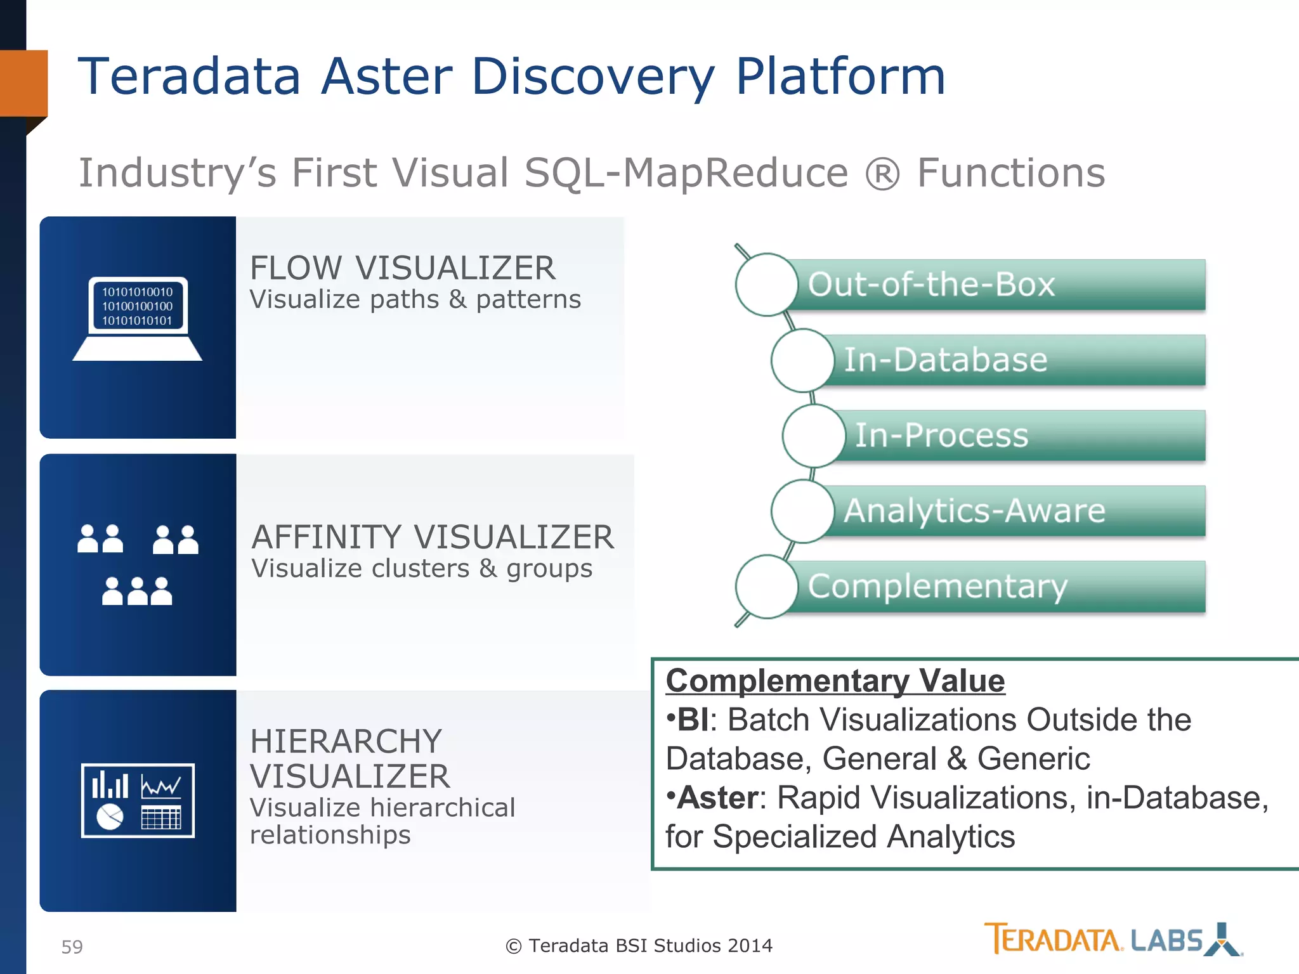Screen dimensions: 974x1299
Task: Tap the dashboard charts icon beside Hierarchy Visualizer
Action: click(138, 800)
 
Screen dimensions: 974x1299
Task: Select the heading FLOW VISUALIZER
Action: click(402, 268)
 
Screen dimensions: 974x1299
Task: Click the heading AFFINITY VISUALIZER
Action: click(433, 537)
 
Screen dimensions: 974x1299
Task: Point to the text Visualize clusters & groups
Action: click(422, 569)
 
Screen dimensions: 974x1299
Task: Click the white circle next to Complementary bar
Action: click(766, 587)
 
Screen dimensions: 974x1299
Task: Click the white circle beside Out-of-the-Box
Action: click(766, 285)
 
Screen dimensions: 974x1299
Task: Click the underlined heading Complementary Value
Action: click(835, 681)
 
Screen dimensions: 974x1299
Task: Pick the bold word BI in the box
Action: click(692, 720)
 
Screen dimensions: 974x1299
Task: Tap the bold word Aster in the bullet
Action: click(717, 798)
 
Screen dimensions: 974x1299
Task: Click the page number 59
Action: click(72, 947)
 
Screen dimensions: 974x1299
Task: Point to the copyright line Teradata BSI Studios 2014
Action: click(639, 945)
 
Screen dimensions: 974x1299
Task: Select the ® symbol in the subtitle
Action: click(882, 174)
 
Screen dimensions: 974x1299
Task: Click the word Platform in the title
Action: click(840, 77)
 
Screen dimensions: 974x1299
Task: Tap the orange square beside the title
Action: click(23, 83)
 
